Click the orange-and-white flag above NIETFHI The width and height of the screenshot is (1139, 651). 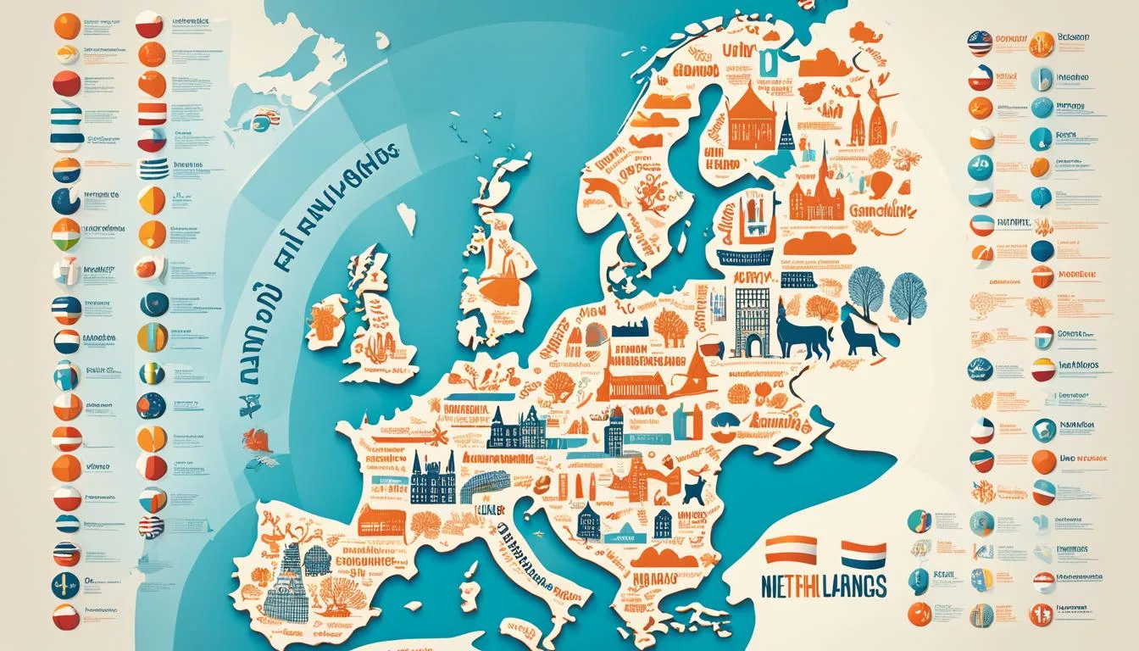(x=791, y=549)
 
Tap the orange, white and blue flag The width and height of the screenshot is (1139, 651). (x=863, y=555)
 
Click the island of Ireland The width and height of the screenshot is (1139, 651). (x=325, y=322)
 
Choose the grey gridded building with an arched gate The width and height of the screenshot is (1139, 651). (x=752, y=320)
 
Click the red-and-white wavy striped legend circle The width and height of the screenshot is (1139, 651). (x=152, y=526)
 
